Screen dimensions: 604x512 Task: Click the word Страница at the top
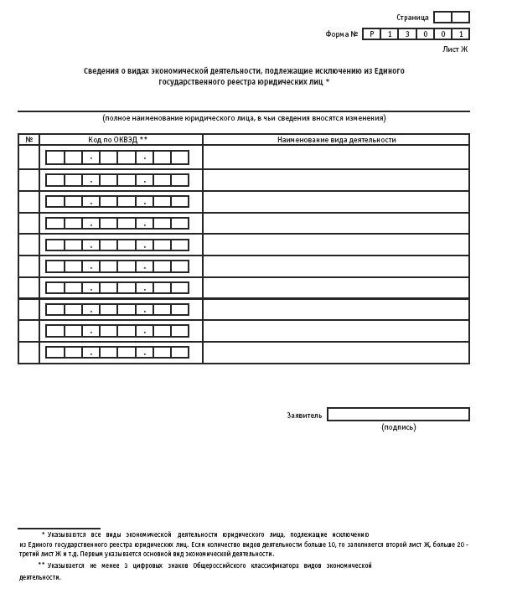(x=412, y=18)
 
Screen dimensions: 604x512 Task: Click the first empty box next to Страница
(x=442, y=18)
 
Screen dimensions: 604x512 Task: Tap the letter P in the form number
(x=371, y=34)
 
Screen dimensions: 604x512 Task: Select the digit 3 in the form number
(x=407, y=34)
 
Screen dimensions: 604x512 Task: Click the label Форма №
(x=342, y=34)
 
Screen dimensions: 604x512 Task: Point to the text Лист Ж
(x=456, y=49)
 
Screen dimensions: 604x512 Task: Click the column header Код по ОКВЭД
(x=118, y=140)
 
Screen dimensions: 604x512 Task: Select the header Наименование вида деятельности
(x=336, y=140)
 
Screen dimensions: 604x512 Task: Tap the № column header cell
(x=28, y=140)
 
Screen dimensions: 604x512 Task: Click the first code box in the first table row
(x=55, y=157)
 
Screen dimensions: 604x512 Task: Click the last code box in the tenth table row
(x=179, y=353)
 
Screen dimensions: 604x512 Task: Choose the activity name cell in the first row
(x=335, y=157)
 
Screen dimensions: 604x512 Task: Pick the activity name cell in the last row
(x=335, y=353)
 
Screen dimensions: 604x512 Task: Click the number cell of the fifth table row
(x=28, y=245)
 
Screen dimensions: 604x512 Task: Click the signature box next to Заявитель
(x=398, y=415)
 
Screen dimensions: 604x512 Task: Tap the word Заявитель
(x=304, y=416)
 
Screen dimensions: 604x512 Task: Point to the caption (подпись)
(x=398, y=427)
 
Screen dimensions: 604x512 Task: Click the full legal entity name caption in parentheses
(x=244, y=118)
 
